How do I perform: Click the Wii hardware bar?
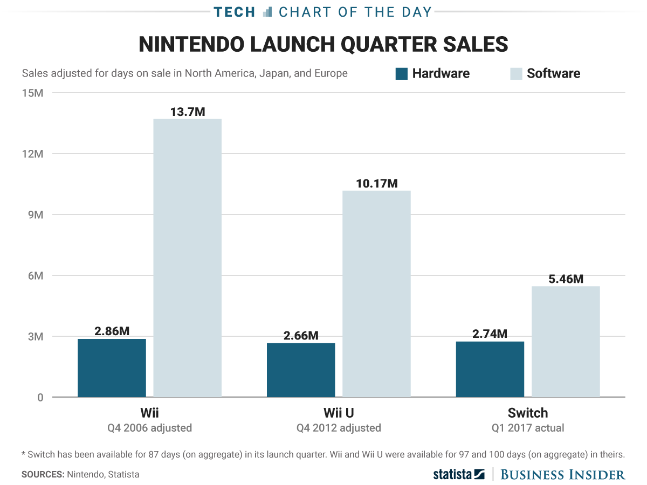coord(112,368)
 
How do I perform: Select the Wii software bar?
coord(188,258)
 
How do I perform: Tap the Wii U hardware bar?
coord(301,370)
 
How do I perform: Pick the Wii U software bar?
coord(376,294)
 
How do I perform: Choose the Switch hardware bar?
coord(490,369)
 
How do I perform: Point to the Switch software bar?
coord(566,342)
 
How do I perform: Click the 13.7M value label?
coord(188,112)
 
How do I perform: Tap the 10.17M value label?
coord(376,183)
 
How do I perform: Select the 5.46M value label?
coord(566,279)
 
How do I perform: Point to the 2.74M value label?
coord(490,334)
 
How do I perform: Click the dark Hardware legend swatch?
coord(402,74)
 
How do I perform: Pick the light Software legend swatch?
coord(517,74)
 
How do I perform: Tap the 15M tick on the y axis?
coord(32,93)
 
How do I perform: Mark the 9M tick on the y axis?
coord(35,215)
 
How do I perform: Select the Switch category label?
coord(527,413)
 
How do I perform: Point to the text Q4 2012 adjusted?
coord(339,428)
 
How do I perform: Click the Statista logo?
coord(459,474)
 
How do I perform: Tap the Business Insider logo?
coord(563,474)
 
